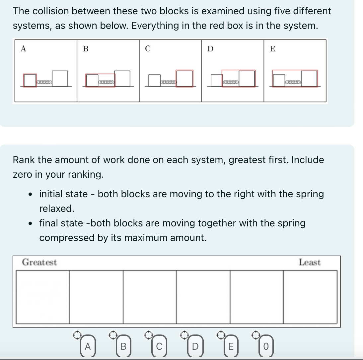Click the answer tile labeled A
click(x=88, y=346)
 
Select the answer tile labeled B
click(x=124, y=346)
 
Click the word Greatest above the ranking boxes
click(x=39, y=263)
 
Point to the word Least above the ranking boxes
click(x=310, y=263)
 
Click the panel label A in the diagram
click(x=23, y=49)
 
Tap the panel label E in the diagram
click(x=272, y=49)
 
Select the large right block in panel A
click(x=60, y=78)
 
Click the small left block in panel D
click(x=216, y=81)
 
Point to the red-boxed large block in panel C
click(x=184, y=78)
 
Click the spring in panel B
click(x=106, y=82)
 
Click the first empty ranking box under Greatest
click(x=42, y=297)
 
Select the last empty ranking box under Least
click(x=310, y=297)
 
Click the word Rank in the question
click(x=24, y=160)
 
